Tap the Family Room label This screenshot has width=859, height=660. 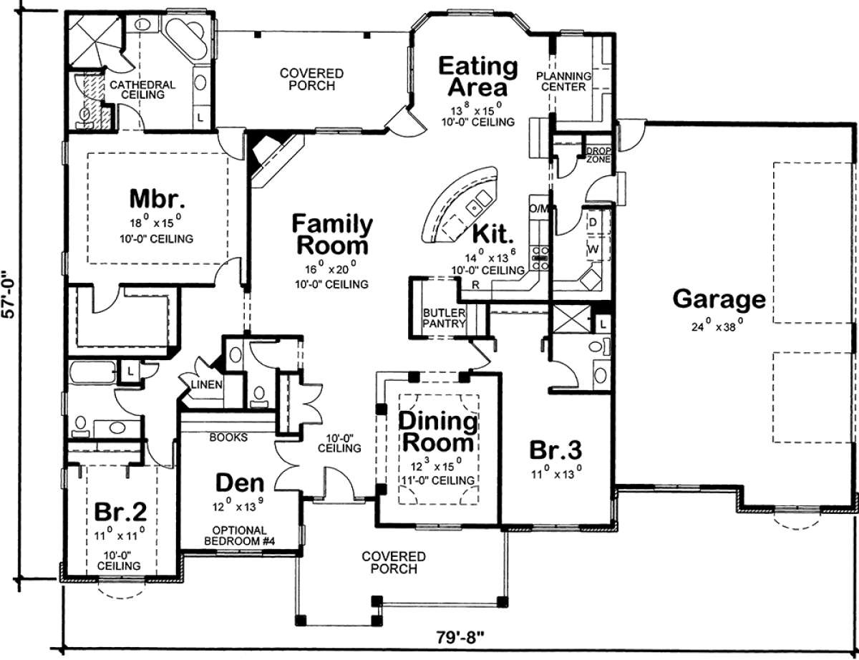tap(332, 235)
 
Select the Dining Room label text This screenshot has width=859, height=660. tap(438, 432)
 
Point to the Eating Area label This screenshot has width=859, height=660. tap(477, 77)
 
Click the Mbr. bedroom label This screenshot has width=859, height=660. tap(157, 199)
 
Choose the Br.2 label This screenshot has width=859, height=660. tap(120, 513)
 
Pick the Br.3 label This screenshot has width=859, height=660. tap(555, 450)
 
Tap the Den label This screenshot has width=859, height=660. tap(240, 483)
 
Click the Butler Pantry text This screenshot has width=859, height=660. tap(444, 318)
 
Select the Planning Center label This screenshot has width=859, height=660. tap(563, 81)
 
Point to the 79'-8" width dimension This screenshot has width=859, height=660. tap(460, 638)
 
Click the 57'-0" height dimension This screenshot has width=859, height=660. tap(9, 293)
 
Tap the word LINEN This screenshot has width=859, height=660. tap(206, 384)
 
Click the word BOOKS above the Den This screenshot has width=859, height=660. tap(228, 437)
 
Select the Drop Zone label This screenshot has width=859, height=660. tap(598, 155)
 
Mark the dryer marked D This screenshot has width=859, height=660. tap(593, 223)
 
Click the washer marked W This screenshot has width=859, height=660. tap(593, 249)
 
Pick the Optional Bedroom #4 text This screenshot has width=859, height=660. tap(240, 535)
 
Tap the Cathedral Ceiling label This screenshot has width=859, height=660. tap(142, 89)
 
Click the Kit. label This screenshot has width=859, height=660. tap(494, 234)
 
